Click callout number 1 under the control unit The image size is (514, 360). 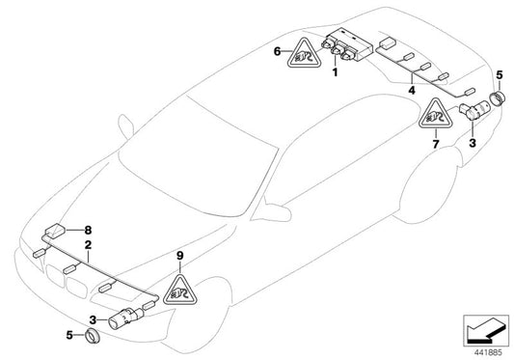335,71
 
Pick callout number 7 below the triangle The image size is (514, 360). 435,144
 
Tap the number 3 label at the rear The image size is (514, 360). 473,143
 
